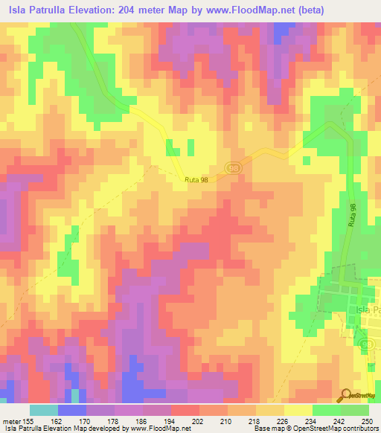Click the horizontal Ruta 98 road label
point(197,180)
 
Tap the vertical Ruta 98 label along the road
point(353,216)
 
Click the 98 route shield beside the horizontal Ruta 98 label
point(234,169)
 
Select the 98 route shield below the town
point(365,346)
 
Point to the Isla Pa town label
point(368,309)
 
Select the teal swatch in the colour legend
point(44,410)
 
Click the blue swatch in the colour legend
point(72,410)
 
